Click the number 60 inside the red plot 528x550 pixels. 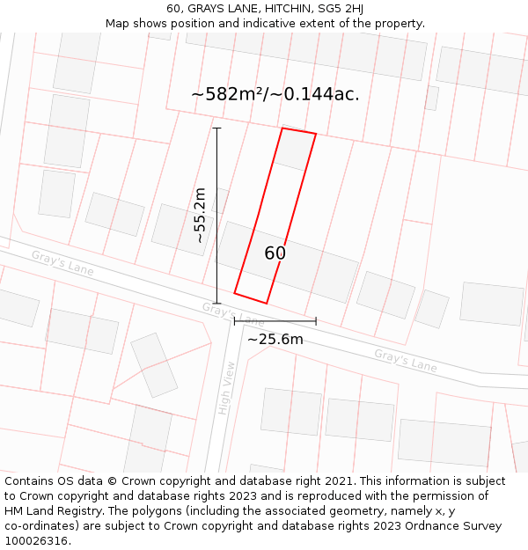[275, 253]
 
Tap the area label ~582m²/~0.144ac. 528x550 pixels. [275, 94]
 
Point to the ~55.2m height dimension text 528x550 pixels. [200, 216]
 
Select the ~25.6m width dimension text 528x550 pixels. [275, 340]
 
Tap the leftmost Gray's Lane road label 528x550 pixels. [62, 262]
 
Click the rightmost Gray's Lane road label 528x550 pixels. [405, 360]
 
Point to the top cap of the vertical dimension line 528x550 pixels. [217, 128]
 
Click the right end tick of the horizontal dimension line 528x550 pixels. [316, 321]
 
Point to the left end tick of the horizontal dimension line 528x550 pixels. [235, 321]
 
